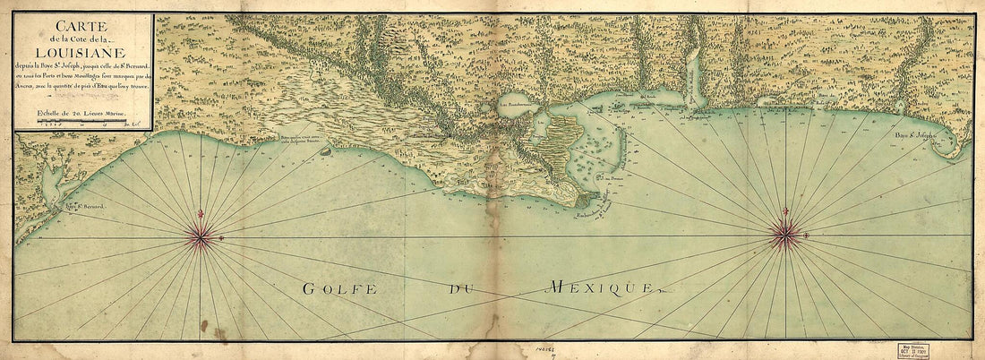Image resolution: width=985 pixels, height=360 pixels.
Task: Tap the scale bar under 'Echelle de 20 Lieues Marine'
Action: [x=81, y=123]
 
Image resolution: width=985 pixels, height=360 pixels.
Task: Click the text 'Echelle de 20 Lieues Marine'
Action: [x=81, y=113]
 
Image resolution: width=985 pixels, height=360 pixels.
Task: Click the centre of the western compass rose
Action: [x=201, y=236]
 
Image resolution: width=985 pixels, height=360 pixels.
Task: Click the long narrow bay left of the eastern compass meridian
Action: [x=694, y=76]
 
